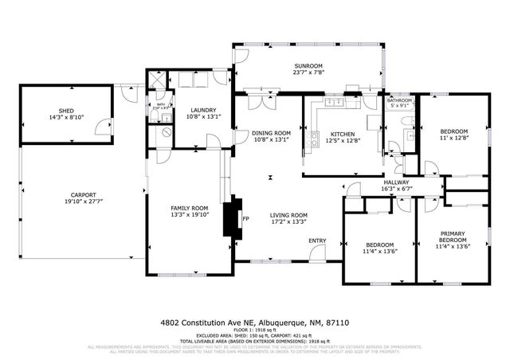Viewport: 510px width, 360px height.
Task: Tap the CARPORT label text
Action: click(83, 194)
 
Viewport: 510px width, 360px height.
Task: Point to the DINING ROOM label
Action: click(271, 133)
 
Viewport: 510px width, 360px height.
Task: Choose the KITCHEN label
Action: click(343, 133)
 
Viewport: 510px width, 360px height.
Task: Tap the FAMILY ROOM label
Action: click(188, 208)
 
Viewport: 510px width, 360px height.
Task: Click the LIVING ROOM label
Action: click(288, 215)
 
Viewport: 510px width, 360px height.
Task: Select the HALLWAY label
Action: click(396, 182)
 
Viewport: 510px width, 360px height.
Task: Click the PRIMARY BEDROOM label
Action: click(453, 237)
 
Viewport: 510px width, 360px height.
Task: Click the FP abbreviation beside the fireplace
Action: click(246, 217)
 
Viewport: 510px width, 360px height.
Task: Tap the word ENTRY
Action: click(317, 241)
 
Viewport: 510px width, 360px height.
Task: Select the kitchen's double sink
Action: click(335, 102)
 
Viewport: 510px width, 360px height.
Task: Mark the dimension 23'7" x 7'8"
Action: click(307, 73)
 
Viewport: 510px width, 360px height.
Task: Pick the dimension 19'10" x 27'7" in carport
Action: click(83, 202)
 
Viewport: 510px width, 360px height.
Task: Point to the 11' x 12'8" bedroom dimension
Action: click(453, 138)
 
